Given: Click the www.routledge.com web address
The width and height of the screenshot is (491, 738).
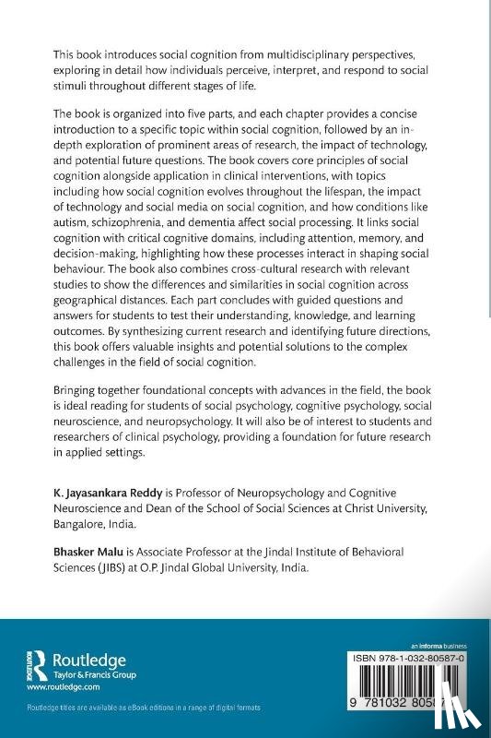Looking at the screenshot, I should click(x=63, y=687).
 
